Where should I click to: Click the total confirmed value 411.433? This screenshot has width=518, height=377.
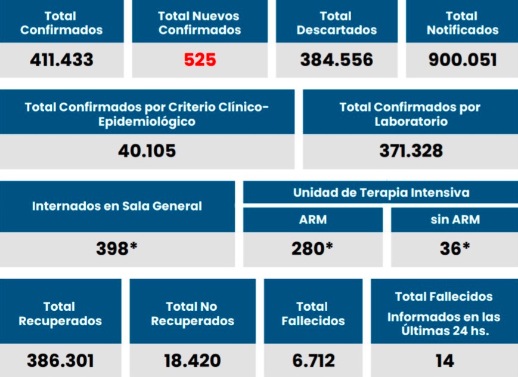(x=61, y=60)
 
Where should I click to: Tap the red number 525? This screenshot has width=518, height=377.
(x=200, y=60)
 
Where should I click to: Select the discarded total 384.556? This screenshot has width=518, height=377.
(x=337, y=60)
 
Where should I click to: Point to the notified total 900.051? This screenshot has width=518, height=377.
(x=463, y=60)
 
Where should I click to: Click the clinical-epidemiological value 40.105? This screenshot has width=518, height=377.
(x=147, y=150)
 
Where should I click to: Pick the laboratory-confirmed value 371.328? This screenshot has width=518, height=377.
(x=411, y=150)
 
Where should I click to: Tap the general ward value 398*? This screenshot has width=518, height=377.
(x=117, y=248)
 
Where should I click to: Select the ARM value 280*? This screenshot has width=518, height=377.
(x=312, y=248)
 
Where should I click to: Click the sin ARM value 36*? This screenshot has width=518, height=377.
(x=455, y=248)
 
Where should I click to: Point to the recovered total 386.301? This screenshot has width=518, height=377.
(x=60, y=360)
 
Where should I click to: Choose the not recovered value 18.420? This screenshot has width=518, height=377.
(x=192, y=360)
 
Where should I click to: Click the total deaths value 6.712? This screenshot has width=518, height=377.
(x=313, y=360)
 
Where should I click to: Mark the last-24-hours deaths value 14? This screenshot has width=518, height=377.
(x=445, y=360)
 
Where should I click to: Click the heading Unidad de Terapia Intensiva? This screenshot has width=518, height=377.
(x=381, y=193)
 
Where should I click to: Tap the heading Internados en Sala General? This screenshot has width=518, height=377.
(x=117, y=206)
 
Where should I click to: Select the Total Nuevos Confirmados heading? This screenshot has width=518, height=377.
(x=200, y=23)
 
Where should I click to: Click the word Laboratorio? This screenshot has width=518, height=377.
(x=411, y=122)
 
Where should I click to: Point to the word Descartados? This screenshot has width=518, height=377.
(x=337, y=30)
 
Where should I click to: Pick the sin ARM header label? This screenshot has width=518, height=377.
(x=455, y=220)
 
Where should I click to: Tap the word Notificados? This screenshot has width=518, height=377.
(x=463, y=30)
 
